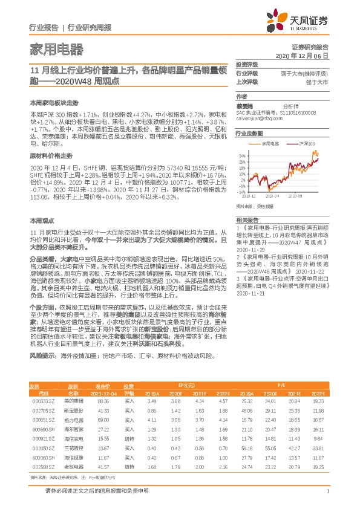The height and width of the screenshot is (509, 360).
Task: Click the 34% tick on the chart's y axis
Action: pyautogui.click(x=242, y=154)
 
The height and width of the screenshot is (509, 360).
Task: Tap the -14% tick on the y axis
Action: pyautogui.click(x=241, y=192)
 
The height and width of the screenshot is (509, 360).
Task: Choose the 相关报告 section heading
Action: pyautogui.click(x=247, y=219)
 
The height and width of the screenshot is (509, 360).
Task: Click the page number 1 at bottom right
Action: pyautogui.click(x=327, y=491)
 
